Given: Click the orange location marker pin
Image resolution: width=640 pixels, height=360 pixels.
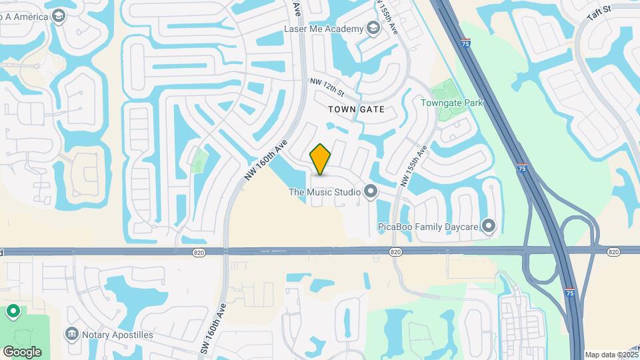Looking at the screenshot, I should [321, 159].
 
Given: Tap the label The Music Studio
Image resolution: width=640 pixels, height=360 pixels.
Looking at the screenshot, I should [324, 193].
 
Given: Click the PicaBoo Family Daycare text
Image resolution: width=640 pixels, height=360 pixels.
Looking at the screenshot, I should [427, 227].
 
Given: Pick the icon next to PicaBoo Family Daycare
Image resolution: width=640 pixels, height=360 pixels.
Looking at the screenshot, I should [489, 227].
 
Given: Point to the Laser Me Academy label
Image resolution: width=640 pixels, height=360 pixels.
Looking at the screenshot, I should [323, 29].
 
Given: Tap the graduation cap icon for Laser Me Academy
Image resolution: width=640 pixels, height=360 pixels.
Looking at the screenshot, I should [373, 28].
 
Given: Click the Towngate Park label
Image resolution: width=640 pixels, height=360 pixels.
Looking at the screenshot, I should [451, 103].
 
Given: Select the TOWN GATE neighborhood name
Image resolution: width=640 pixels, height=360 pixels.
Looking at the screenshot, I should [357, 109].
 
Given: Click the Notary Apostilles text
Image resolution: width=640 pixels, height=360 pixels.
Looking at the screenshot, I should [119, 334].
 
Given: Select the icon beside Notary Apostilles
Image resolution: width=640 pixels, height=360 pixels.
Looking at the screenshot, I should [71, 333].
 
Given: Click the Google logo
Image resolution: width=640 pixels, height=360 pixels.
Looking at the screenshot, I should [22, 351].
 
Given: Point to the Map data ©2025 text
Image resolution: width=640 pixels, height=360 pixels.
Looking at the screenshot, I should [611, 355].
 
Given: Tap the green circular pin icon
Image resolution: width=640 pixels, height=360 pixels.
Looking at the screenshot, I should [13, 311].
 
